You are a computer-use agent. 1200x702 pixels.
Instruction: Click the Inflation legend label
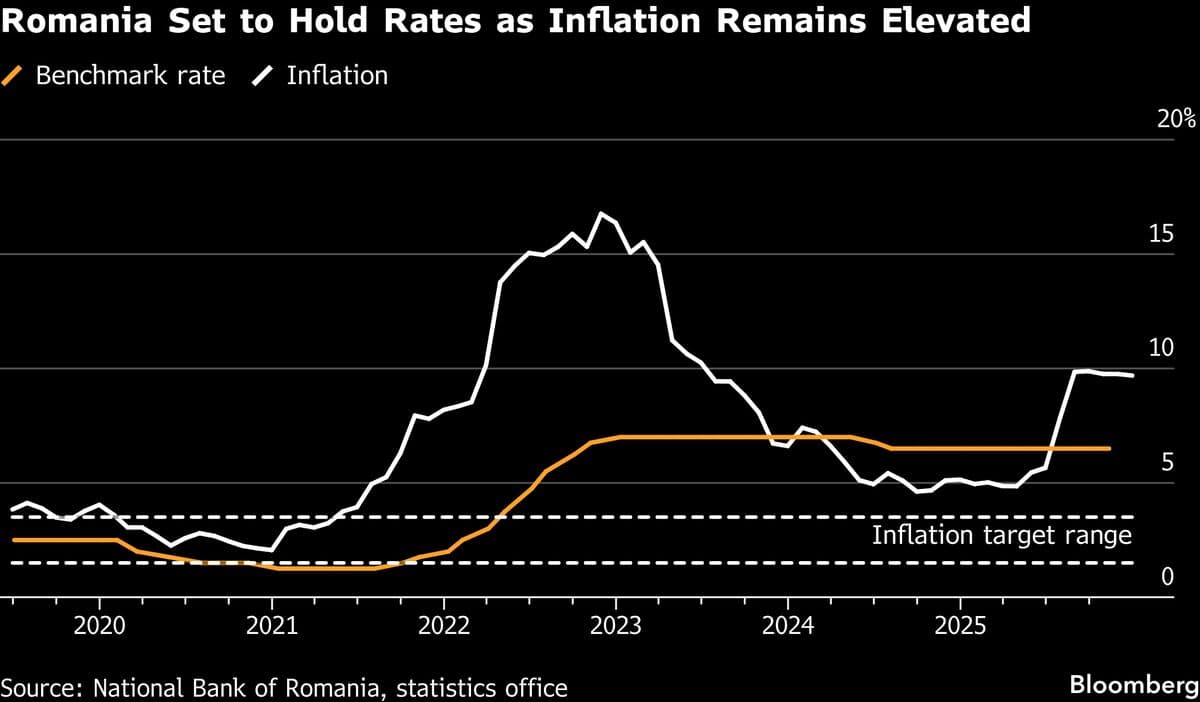[x=337, y=75]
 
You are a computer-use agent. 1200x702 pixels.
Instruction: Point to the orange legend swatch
[x=13, y=75]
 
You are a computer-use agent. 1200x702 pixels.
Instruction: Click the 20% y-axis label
[x=1175, y=119]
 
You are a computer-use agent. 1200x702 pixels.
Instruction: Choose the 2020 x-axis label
[x=99, y=627]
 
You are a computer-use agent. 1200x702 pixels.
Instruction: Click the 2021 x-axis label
[x=271, y=627]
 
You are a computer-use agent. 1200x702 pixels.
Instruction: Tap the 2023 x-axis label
[x=615, y=627]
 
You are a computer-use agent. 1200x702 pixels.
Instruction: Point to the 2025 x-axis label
[x=959, y=627]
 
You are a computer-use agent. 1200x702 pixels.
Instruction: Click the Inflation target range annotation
[x=1001, y=535]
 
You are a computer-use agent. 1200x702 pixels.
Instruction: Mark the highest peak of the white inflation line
[x=601, y=213]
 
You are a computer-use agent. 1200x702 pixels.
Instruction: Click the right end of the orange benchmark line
[x=1110, y=448]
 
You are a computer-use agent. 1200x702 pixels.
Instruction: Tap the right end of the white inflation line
[x=1132, y=376]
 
